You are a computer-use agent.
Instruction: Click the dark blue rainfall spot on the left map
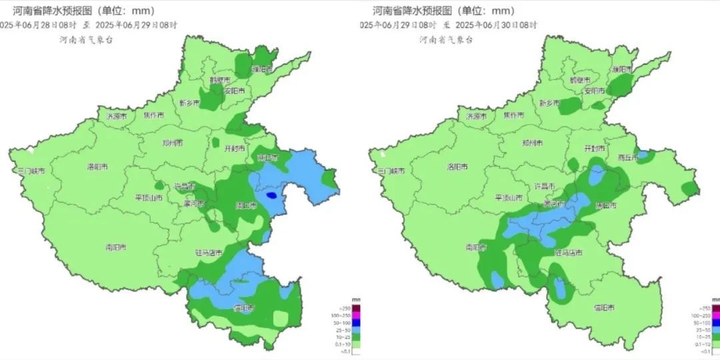(x=271, y=196)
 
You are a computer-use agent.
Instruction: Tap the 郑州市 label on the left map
(x=173, y=143)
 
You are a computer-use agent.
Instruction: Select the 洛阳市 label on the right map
(x=459, y=167)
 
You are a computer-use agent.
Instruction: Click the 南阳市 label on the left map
(x=115, y=247)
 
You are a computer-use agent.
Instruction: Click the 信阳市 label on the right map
(x=605, y=308)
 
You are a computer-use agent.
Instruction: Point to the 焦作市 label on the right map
(x=513, y=115)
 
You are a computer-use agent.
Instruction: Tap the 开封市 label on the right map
(x=595, y=148)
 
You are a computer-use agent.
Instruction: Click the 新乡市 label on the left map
(x=189, y=103)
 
